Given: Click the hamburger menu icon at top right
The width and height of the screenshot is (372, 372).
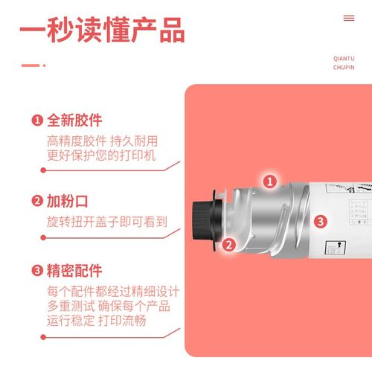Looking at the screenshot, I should pyautogui.click(x=349, y=18).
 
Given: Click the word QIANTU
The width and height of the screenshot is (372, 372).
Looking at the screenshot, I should pyautogui.click(x=344, y=57).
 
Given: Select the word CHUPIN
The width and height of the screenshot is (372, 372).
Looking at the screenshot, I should pyautogui.click(x=344, y=68).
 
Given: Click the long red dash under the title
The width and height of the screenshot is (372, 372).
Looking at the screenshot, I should pyautogui.click(x=30, y=65).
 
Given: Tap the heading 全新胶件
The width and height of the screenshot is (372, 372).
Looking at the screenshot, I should pyautogui.click(x=74, y=121).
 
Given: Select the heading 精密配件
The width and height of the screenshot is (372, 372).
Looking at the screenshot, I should pyautogui.click(x=74, y=271).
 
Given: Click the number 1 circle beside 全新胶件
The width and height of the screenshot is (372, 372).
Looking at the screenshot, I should pyautogui.click(x=36, y=121).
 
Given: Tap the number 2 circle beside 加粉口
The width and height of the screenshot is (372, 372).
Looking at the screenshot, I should pyautogui.click(x=36, y=201).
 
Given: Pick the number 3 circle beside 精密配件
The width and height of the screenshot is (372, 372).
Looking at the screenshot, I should pyautogui.click(x=36, y=271).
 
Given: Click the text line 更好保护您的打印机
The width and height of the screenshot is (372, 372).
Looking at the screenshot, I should pyautogui.click(x=103, y=155).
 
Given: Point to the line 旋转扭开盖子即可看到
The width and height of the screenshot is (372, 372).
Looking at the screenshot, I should pyautogui.click(x=107, y=222).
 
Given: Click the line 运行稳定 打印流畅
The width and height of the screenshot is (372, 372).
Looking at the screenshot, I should pyautogui.click(x=96, y=321).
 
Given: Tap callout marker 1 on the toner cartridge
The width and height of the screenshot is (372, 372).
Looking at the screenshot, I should pyautogui.click(x=271, y=181).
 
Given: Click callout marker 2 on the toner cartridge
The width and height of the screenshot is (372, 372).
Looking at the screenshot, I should pyautogui.click(x=230, y=243).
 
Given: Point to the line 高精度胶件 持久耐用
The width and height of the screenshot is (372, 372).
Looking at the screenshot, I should pyautogui.click(x=103, y=141).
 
